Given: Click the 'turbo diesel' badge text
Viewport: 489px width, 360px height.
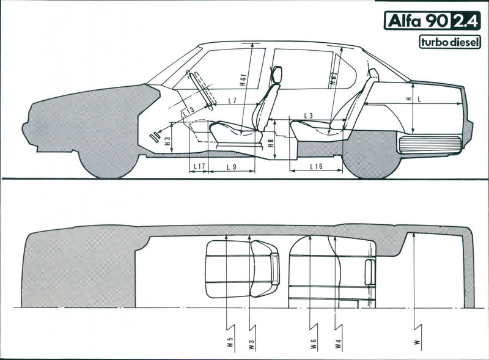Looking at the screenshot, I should [x=450, y=42].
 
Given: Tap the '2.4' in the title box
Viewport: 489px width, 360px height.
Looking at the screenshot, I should [x=466, y=21].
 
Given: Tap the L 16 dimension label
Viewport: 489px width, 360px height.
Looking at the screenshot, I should [x=316, y=166].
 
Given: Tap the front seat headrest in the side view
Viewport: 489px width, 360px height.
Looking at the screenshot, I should [x=276, y=75].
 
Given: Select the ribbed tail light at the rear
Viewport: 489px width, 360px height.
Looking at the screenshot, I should [x=429, y=144].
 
